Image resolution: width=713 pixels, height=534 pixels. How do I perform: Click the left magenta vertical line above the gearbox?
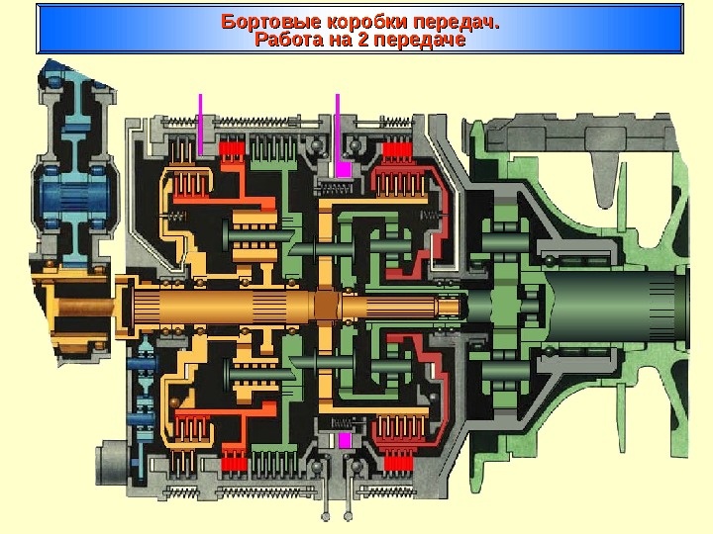coord(200,124)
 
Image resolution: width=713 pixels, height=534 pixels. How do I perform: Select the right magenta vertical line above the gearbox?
coord(338,124)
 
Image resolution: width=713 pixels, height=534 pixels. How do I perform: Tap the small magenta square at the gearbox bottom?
coord(345,441)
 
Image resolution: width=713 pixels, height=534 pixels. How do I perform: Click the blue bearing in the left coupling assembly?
coord(75,192)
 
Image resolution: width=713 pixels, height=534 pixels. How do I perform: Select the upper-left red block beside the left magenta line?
coord(231,151)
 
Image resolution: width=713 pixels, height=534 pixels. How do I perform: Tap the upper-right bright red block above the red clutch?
coord(396,152)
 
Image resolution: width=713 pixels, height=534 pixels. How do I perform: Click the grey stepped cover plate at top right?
coord(584,133)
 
